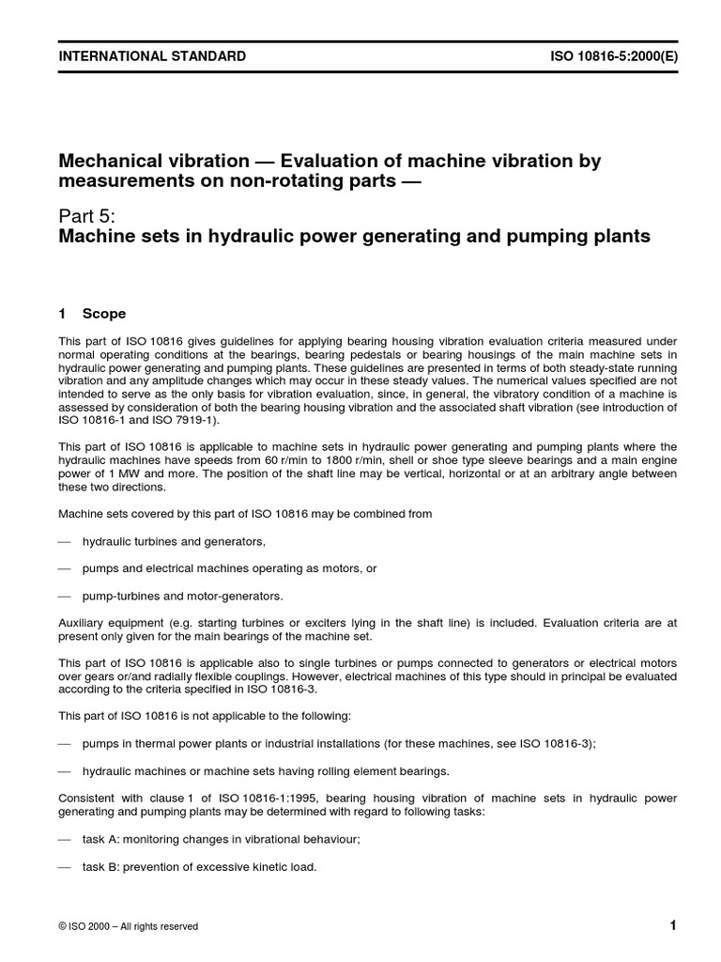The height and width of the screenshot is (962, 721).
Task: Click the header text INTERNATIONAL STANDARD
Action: (152, 56)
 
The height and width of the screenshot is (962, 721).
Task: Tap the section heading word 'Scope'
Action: (104, 314)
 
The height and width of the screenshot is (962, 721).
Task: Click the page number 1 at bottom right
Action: (673, 925)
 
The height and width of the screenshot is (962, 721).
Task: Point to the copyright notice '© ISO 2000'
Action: (95, 926)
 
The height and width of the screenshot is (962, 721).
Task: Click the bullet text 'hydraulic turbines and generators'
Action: (174, 542)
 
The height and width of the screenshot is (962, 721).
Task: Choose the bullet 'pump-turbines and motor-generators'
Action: (182, 596)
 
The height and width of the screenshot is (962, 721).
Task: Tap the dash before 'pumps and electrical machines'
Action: (64, 569)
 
